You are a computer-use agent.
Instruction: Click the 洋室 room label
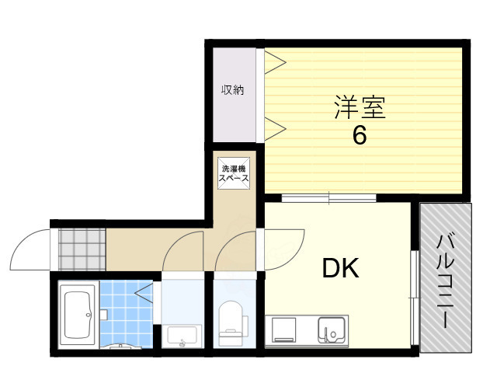[360, 107]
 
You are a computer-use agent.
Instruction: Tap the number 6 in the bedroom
[359, 135]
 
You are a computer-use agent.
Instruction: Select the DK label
[340, 269]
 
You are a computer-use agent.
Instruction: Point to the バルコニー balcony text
[446, 280]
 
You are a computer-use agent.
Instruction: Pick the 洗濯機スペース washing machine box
[234, 173]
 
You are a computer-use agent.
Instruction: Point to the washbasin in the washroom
[183, 336]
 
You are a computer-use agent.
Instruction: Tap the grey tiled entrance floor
[78, 247]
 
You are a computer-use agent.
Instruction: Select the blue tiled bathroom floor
[125, 311]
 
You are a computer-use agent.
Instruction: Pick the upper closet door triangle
[274, 61]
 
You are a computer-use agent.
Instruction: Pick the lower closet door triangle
[274, 126]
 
